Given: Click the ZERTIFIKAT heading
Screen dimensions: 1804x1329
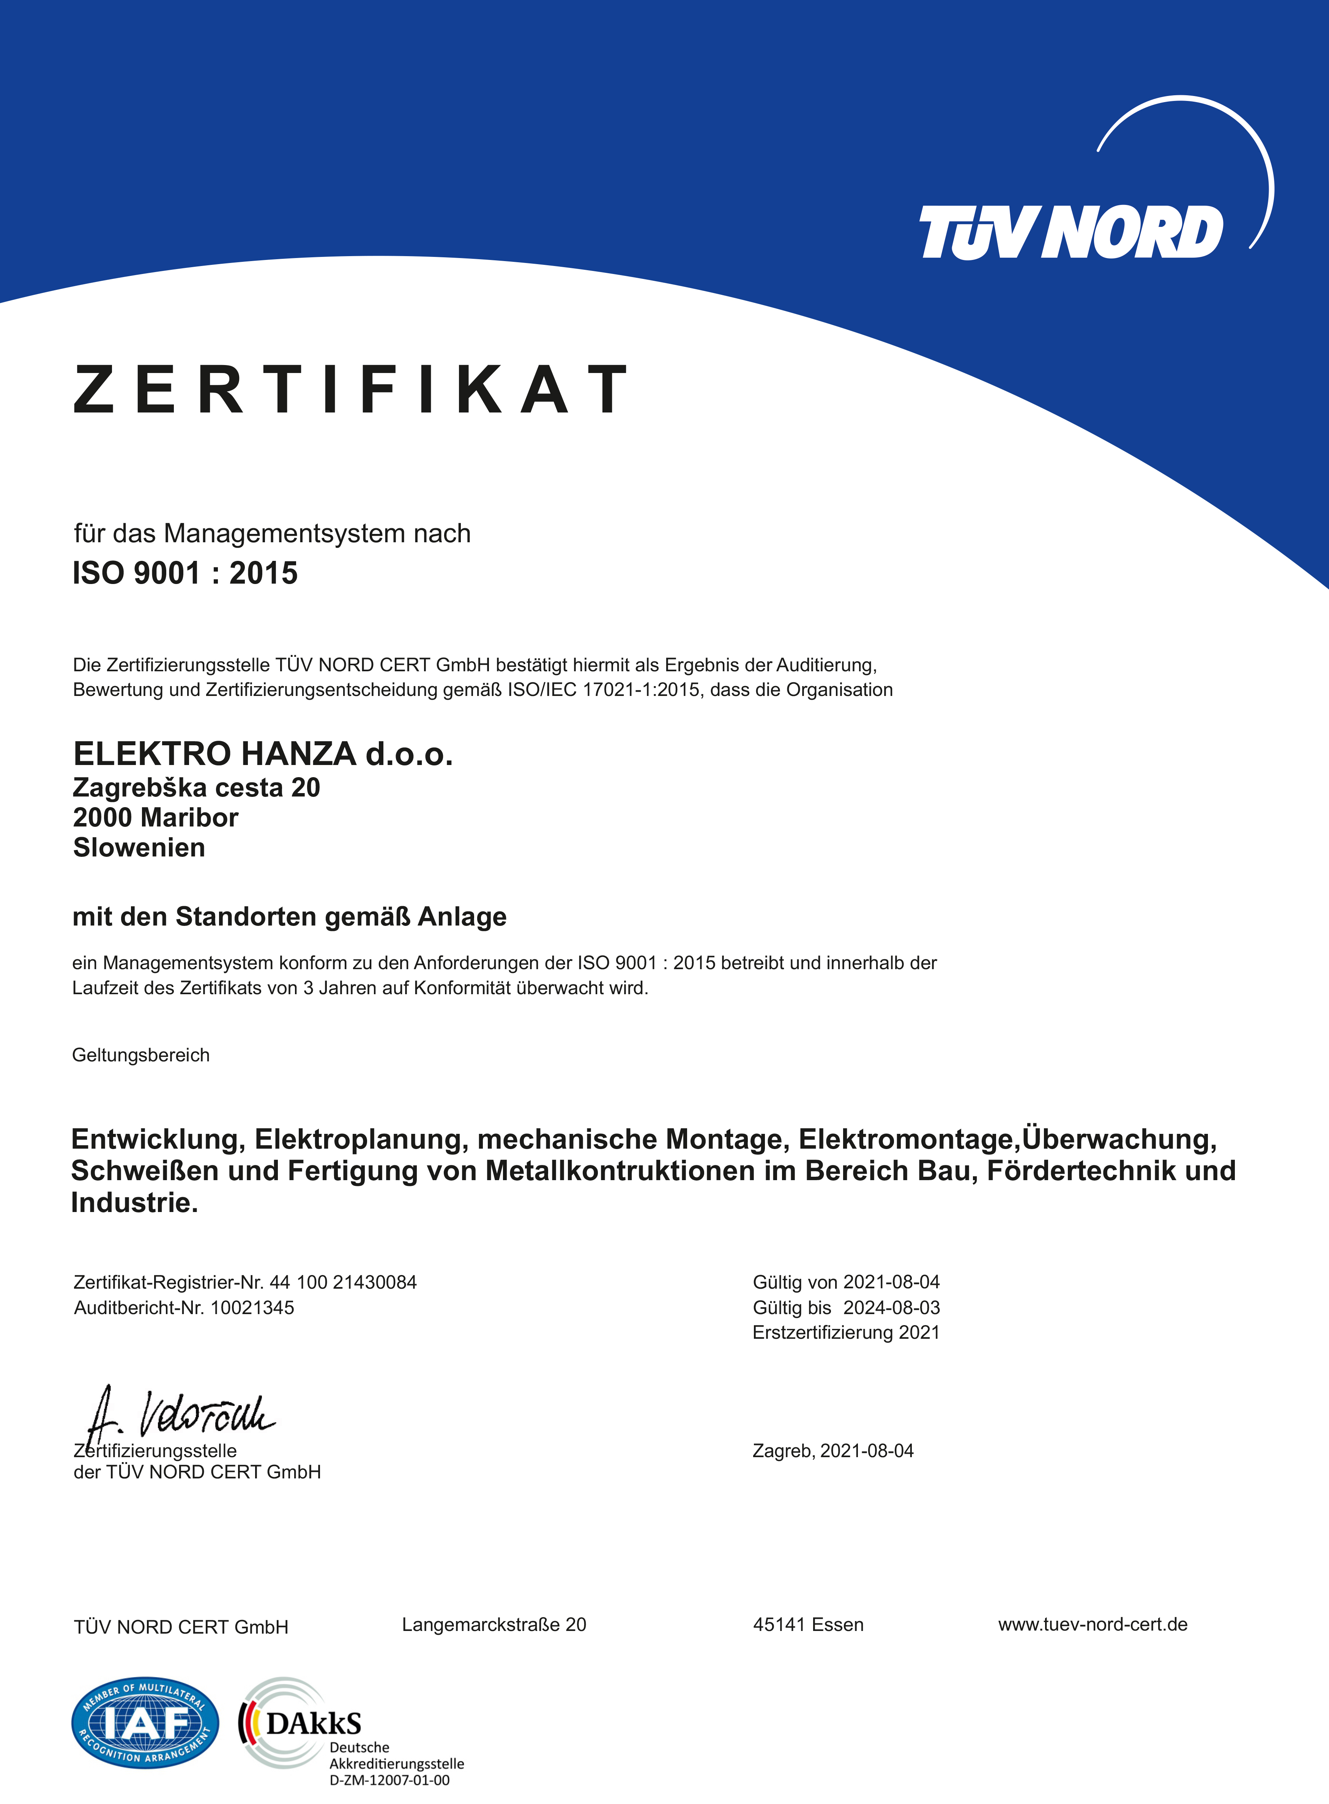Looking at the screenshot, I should point(350,390).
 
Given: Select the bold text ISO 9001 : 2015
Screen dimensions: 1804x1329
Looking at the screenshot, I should point(185,573).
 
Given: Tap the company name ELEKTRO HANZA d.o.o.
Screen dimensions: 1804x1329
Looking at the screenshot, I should point(263,754).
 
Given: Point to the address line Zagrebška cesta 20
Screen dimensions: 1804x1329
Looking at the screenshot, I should point(196,787).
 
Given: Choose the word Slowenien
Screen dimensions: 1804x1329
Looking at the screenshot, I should point(139,848).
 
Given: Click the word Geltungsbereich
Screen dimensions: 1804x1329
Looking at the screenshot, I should point(141,1055).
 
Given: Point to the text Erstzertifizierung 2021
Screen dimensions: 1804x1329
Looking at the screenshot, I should point(845,1333).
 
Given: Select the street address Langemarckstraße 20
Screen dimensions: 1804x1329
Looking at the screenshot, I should point(494,1625).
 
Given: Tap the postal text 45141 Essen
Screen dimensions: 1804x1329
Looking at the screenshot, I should point(808,1625).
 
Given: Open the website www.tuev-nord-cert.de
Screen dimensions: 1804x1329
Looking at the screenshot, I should point(1093,1625).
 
